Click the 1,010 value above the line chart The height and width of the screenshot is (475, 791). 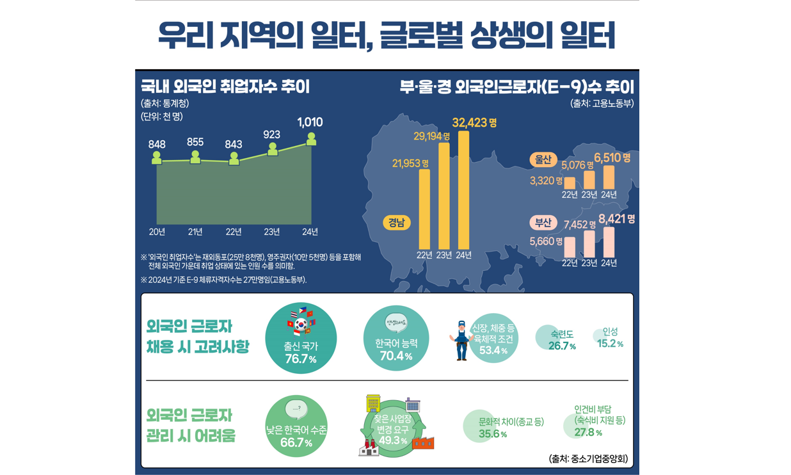point(310,122)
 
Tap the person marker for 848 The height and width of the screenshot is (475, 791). point(157,157)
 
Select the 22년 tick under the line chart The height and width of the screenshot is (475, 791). point(234,232)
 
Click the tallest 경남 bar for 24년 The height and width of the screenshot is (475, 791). point(464,190)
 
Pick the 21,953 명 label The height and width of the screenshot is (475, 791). point(410,164)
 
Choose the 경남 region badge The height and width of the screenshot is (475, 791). point(396,223)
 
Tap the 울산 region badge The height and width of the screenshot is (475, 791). point(543,159)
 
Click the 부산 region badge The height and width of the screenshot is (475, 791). point(543,223)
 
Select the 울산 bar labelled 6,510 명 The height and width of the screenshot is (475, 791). point(609,177)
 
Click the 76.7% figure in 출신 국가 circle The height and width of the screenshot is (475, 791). point(301,359)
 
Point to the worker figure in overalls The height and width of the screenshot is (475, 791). point(461,340)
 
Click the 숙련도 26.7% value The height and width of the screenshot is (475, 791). point(562,346)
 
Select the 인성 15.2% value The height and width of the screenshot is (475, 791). point(610,344)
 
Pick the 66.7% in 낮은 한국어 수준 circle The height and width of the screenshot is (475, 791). point(296,443)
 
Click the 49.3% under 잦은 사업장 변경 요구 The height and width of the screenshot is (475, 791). point(393,440)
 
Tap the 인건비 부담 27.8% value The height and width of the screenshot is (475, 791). point(587,433)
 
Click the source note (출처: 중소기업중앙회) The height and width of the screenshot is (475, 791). point(588,458)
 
